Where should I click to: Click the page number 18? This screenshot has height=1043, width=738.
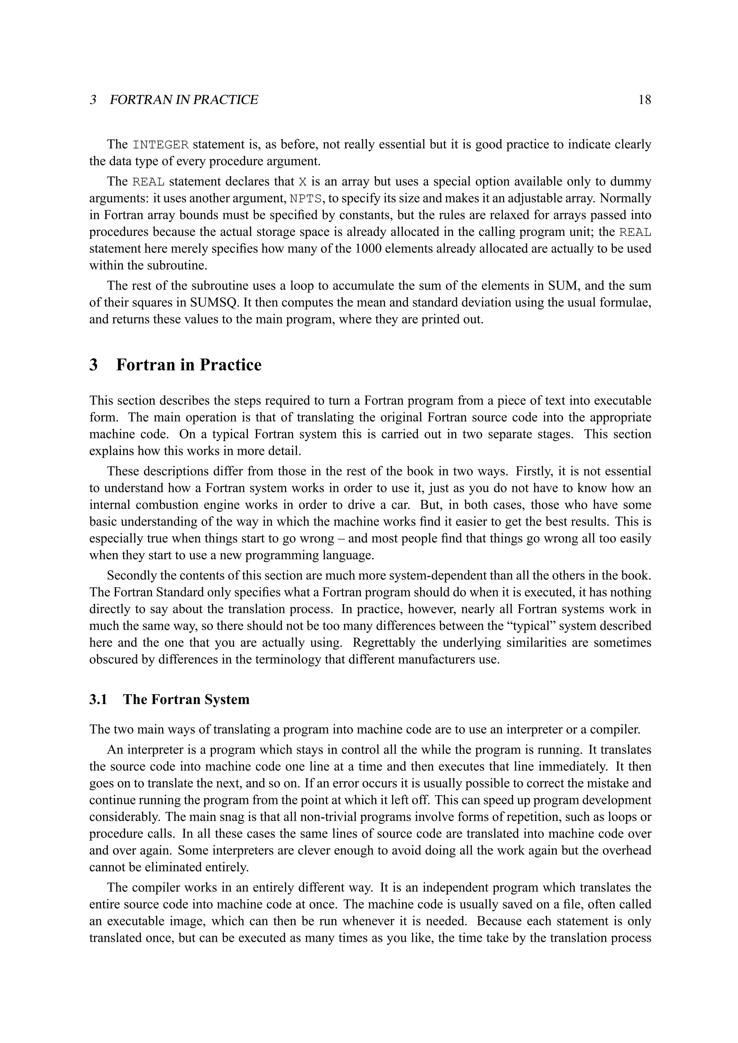click(x=644, y=100)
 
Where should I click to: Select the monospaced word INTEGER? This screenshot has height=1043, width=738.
click(x=160, y=145)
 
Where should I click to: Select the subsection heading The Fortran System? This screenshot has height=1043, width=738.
click(x=186, y=699)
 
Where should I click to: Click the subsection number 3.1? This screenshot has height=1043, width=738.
click(x=98, y=699)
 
